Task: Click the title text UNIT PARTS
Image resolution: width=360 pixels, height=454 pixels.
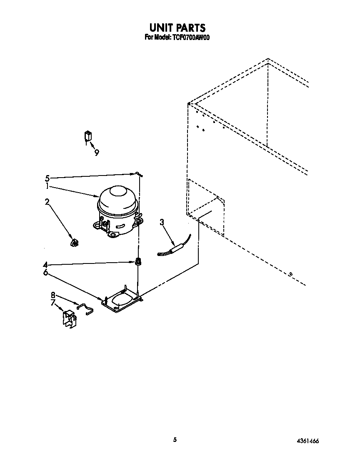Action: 177,28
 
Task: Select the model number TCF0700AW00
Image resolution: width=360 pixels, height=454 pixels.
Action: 190,38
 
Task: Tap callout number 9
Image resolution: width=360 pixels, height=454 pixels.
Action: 97,153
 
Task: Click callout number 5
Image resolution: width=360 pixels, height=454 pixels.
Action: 47,178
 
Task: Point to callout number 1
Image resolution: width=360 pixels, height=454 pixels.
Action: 47,186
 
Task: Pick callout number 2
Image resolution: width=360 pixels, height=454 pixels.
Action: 47,202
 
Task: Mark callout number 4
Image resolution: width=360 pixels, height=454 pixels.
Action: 45,264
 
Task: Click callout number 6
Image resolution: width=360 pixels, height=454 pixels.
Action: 45,273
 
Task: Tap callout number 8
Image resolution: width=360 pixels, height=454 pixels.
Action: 53,295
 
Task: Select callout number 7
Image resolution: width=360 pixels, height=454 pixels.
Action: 53,303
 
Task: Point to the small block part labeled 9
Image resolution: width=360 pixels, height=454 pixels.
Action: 88,136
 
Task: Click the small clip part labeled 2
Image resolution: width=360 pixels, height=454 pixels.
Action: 75,243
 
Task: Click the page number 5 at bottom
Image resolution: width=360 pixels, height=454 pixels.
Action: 175,439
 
